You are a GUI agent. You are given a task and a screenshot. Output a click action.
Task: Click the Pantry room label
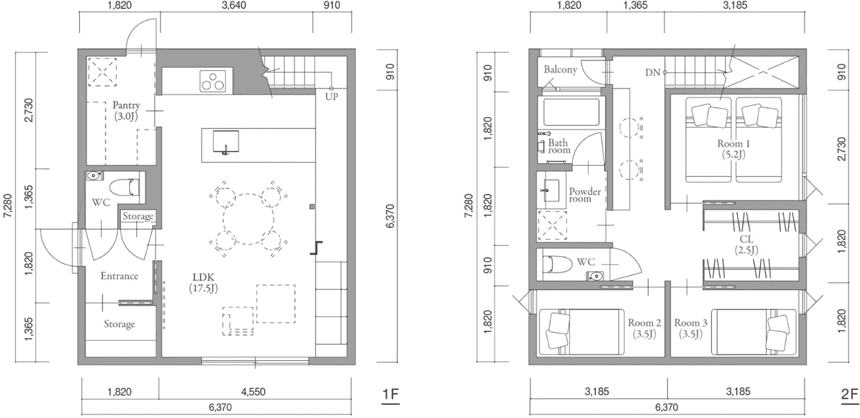point(126,110)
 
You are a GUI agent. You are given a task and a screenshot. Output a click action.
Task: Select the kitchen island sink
point(226,142)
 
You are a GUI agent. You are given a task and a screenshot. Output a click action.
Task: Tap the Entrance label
point(119,276)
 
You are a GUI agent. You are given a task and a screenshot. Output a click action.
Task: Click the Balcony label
point(560,69)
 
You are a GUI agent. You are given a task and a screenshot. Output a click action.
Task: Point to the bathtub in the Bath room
point(571,112)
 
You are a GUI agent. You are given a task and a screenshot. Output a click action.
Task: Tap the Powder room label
point(585,195)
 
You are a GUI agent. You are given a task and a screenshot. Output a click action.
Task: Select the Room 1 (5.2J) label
point(734,149)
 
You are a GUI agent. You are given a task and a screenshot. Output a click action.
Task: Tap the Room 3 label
point(690,328)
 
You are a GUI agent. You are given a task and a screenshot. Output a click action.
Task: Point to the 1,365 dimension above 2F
point(635,6)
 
